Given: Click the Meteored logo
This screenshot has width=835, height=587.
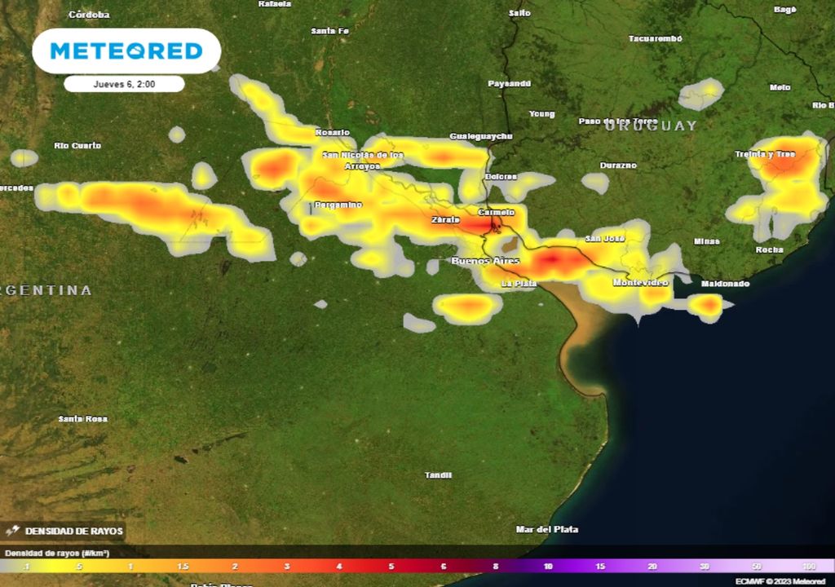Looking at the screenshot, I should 126,51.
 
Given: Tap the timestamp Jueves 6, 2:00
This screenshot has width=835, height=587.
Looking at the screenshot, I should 124,84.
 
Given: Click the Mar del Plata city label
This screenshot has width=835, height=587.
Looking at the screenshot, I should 547,529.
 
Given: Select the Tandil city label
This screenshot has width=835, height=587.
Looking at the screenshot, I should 438,475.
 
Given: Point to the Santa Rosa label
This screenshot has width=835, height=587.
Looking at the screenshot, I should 82,419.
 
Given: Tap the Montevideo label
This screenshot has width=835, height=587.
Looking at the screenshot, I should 640,282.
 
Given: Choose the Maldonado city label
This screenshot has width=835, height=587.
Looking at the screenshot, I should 725,283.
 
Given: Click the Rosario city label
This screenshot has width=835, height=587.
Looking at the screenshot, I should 333,132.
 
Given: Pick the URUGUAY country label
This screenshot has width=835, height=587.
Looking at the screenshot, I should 651,126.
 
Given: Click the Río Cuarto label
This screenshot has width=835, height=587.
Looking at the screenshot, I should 77,145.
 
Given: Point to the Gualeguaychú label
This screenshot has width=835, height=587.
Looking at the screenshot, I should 481,136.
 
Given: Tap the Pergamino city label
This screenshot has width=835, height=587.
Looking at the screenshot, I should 338,205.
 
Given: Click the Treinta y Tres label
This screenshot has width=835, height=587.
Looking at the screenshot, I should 764,154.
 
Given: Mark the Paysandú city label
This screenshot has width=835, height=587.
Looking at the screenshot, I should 509,83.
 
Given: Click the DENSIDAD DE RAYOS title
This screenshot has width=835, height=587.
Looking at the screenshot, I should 74,532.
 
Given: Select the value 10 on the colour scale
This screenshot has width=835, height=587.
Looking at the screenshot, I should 548,566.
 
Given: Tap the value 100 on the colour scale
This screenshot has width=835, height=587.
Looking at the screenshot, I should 808,566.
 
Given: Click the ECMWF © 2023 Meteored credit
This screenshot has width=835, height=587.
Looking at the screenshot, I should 780,581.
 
